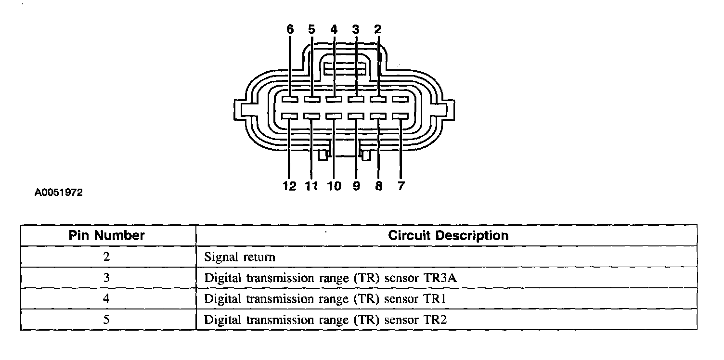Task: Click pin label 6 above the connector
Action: coord(290,29)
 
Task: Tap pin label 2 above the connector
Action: coord(378,29)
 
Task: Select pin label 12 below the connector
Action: coord(290,186)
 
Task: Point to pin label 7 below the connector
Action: coord(401,186)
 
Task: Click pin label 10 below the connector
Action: coord(334,186)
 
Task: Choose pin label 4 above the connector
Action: coord(334,29)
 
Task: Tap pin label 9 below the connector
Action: coord(356,186)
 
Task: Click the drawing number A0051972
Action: coord(59,193)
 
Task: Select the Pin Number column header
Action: coord(107,236)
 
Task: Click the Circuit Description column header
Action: coord(448,236)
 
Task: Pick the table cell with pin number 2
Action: coord(106,257)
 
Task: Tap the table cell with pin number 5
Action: coord(106,320)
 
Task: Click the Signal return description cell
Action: coord(240,257)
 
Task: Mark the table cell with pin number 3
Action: coord(106,278)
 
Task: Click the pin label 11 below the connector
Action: coord(311,186)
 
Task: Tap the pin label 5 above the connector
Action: coord(312,29)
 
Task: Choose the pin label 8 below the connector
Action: coord(378,186)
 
